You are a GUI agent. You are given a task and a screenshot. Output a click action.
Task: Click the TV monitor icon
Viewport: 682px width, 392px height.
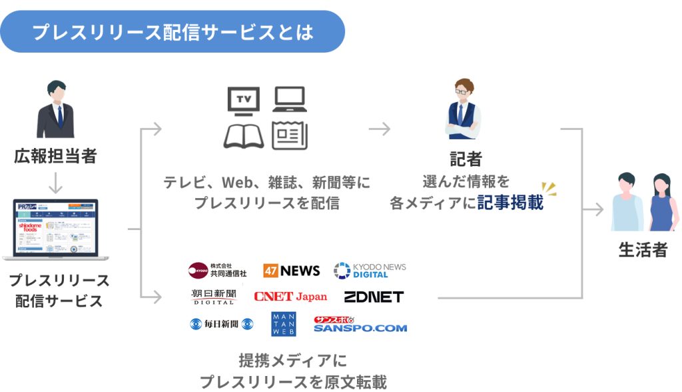pos(242,101)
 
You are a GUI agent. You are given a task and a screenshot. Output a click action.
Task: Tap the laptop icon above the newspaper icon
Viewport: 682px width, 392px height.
pos(288,99)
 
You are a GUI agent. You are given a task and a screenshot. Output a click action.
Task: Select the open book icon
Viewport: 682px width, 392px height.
pos(243,135)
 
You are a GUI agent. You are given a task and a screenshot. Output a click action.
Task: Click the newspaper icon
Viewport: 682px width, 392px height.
pos(289,135)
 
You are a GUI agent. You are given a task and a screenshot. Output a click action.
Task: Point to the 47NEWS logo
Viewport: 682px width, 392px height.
pos(291,271)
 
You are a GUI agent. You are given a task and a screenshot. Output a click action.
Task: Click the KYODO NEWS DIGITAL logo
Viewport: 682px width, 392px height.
pos(370,270)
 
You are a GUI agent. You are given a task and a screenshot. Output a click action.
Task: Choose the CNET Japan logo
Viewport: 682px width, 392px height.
pos(290,296)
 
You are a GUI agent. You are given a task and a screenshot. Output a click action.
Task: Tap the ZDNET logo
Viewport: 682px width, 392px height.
pos(374,296)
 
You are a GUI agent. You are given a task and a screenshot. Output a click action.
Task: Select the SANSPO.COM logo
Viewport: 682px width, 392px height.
pos(360,325)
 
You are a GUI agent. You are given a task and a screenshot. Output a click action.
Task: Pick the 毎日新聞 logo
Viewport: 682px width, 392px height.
pos(222,325)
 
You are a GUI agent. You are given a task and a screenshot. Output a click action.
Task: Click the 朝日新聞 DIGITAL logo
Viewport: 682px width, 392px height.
pos(214,296)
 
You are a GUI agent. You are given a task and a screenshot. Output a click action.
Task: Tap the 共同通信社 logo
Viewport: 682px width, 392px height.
pos(218,270)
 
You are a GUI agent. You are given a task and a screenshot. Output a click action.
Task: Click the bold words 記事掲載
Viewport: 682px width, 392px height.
pos(510,203)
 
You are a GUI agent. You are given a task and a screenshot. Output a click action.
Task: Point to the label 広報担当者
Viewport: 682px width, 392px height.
pos(55,157)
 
